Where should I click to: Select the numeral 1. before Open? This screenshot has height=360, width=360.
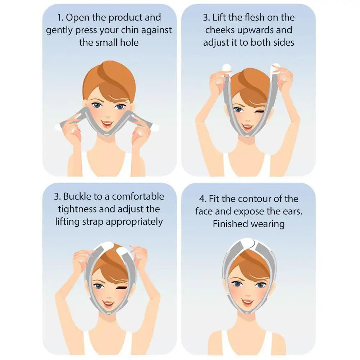[61, 18]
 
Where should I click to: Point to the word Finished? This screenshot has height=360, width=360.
[231, 224]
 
